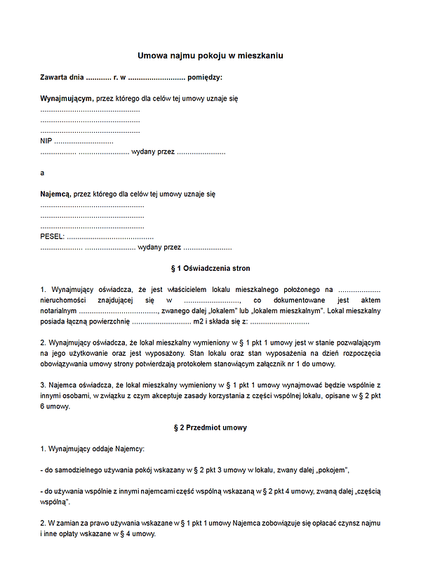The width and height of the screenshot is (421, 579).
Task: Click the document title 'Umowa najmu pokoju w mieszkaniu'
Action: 210,55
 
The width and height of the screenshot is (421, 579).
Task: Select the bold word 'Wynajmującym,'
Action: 67,99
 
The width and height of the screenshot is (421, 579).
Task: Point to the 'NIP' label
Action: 46,141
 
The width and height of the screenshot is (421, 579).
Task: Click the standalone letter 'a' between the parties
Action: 42,172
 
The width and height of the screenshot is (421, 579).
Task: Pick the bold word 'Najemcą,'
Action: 55,194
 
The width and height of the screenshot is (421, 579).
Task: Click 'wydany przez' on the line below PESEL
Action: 160,247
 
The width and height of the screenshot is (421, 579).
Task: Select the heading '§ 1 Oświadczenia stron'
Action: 210,269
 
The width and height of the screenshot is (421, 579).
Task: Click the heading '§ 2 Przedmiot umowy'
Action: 210,427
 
